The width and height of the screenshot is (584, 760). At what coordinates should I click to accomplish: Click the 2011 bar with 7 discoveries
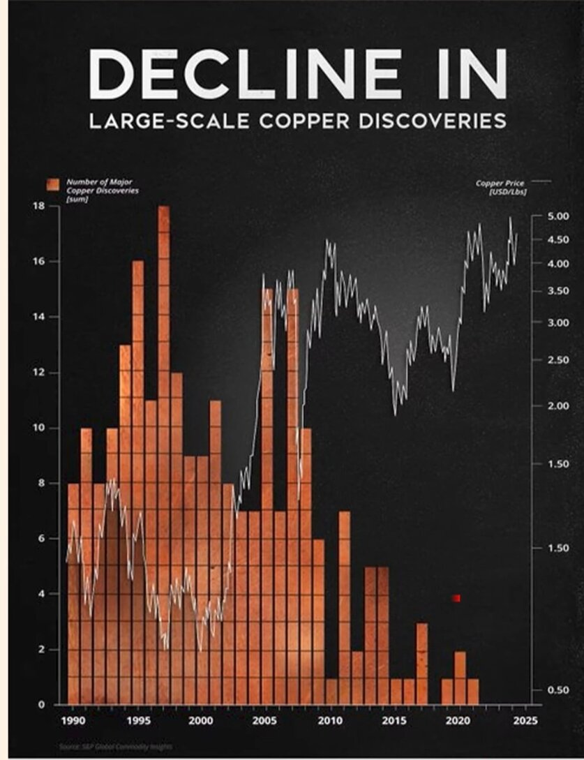[x=344, y=607]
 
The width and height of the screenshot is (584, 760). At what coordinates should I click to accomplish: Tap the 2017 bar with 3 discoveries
[x=421, y=663]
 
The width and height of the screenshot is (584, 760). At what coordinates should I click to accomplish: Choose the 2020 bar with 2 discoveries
[x=460, y=677]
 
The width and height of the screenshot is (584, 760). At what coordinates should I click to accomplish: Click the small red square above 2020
[x=456, y=598]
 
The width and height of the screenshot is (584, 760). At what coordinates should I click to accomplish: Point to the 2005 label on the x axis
[x=265, y=719]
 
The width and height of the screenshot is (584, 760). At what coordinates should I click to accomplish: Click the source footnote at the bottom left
[x=114, y=747]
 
